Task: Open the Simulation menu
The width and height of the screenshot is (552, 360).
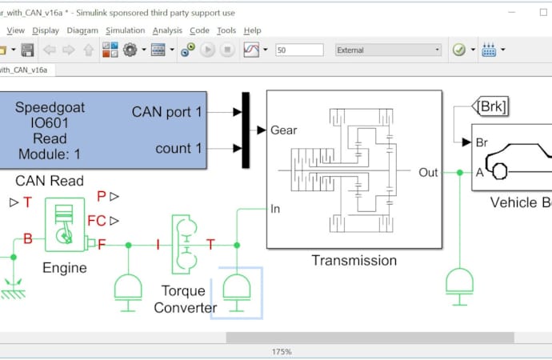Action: pyautogui.click(x=125, y=30)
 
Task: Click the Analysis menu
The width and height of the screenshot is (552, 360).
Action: pyautogui.click(x=167, y=30)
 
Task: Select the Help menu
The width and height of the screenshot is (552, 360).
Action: pyautogui.click(x=252, y=30)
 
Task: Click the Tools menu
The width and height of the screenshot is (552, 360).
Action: pyautogui.click(x=226, y=30)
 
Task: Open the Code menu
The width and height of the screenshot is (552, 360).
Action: pyautogui.click(x=199, y=30)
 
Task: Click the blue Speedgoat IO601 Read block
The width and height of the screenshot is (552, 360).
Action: pyautogui.click(x=104, y=130)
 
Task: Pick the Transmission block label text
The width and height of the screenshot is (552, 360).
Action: pyautogui.click(x=354, y=260)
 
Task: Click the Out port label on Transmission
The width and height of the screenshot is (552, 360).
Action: pyautogui.click(x=428, y=172)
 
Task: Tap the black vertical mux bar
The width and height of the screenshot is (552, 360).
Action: pyautogui.click(x=246, y=130)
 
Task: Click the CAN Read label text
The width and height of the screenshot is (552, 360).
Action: pyautogui.click(x=50, y=181)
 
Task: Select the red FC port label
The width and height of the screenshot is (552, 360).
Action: pyautogui.click(x=96, y=220)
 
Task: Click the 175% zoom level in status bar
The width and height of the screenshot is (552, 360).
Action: pyautogui.click(x=281, y=351)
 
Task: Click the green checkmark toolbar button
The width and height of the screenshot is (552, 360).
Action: pyautogui.click(x=459, y=50)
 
